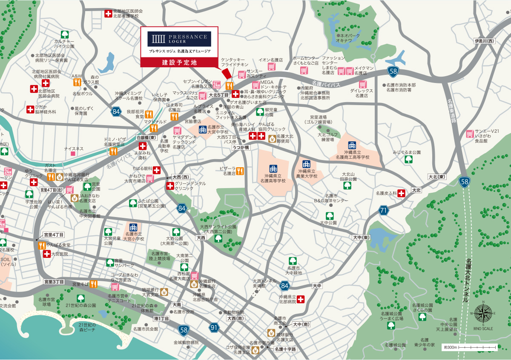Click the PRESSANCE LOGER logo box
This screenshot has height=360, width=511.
click(179, 39)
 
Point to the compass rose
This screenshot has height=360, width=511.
click(482, 314)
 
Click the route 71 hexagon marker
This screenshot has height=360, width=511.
click(383, 210)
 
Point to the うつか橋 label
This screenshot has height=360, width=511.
click(241, 147)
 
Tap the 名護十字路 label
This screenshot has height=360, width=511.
click(285, 349)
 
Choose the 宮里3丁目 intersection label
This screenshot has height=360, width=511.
click(54, 282)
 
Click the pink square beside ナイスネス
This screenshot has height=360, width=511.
click(73, 154)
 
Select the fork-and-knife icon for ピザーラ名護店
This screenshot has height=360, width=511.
click(240, 171)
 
